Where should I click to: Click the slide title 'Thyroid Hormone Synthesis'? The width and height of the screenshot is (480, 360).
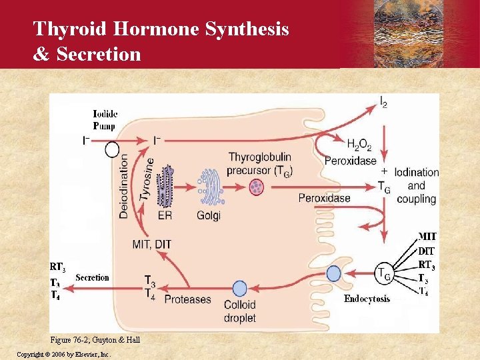coord(161,29)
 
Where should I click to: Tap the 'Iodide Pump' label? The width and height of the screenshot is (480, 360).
coord(104,120)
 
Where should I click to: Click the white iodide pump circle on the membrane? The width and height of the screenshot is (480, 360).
coord(112,149)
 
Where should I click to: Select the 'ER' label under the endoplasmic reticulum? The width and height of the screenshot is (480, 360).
coord(165,215)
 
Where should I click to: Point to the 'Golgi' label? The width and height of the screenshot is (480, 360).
coord(209,215)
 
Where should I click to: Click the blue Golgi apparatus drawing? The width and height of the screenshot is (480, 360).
coord(208,187)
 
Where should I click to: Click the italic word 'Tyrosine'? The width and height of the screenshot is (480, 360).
coord(147,179)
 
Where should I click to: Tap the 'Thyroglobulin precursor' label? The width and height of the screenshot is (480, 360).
coord(260,163)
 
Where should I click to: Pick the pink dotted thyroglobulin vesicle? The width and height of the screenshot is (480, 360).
coord(257,187)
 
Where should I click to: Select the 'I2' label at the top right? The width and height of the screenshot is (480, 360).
coord(383,102)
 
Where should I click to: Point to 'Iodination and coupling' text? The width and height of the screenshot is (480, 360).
coord(416,185)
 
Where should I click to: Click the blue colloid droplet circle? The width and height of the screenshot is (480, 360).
coord(239,289)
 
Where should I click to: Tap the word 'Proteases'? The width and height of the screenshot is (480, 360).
coord(187,299)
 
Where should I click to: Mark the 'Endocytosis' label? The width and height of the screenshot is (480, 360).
coord(367,299)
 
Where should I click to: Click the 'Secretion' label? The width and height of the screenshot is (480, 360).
coord(92,277)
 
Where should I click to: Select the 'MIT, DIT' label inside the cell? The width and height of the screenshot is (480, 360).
coord(152,244)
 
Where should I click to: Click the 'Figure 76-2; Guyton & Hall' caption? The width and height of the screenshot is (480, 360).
coord(96,340)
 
